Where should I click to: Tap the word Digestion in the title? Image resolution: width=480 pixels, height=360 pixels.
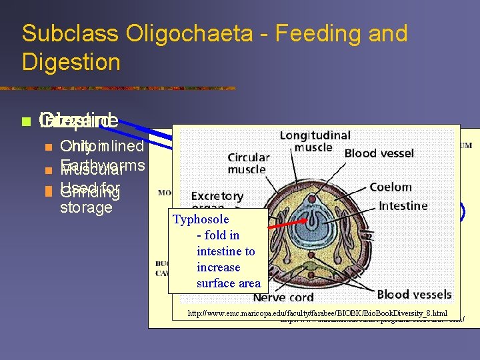tap(71, 62)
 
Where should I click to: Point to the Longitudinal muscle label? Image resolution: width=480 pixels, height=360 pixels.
tap(314, 141)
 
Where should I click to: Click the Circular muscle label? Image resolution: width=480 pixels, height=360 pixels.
tap(249, 163)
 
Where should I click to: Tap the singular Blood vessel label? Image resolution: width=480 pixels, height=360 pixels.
tap(379, 153)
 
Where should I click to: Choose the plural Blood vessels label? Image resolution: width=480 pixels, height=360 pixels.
tap(413, 294)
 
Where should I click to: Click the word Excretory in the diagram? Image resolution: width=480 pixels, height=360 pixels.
tap(217, 197)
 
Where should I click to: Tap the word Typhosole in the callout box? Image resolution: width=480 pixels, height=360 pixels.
tap(201, 219)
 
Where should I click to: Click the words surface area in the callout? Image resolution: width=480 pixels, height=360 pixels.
tap(229, 283)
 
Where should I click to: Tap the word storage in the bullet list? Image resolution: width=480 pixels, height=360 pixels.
tap(86, 207)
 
